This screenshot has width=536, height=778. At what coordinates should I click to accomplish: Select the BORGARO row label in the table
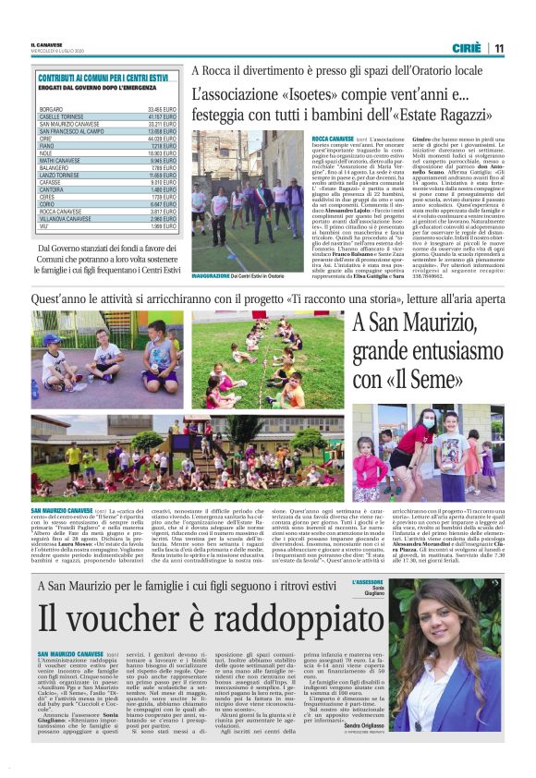click(52, 110)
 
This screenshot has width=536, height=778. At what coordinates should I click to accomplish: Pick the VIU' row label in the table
click(45, 225)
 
